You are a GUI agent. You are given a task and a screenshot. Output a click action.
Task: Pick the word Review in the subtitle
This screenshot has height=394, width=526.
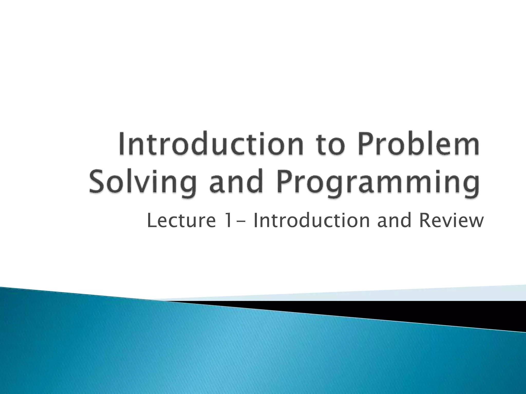[451, 221]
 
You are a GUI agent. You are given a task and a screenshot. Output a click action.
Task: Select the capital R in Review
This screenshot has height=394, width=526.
[424, 221]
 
